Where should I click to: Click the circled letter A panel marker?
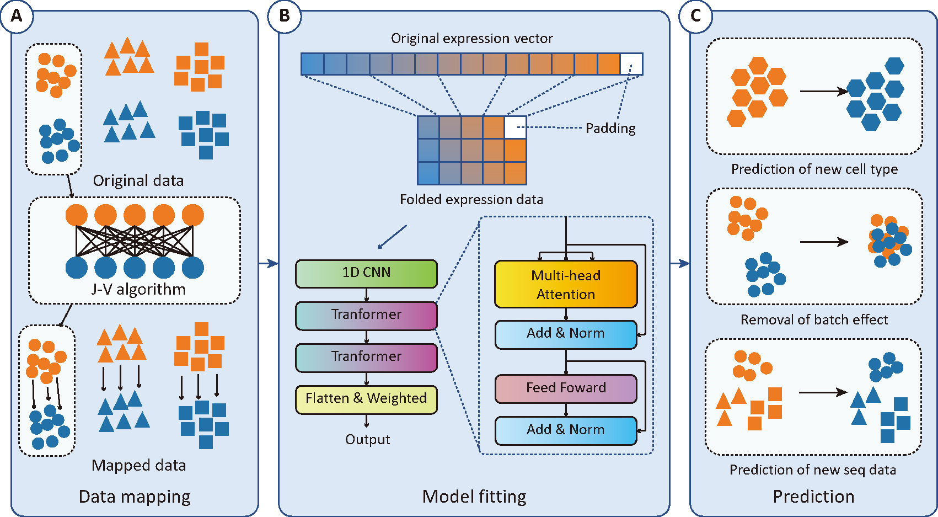pyautogui.click(x=17, y=16)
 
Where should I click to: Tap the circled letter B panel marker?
pyautogui.click(x=284, y=16)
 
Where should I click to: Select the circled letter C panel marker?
pyautogui.click(x=695, y=16)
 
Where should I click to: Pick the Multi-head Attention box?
pyautogui.click(x=566, y=285)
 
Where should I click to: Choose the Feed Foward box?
pyautogui.click(x=566, y=388)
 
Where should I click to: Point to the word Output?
pyautogui.click(x=367, y=440)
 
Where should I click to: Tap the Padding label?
pyautogui.click(x=610, y=129)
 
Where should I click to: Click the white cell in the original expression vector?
pyautogui.click(x=631, y=64)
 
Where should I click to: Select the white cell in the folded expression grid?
pyautogui.click(x=515, y=127)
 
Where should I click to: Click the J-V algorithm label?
pyautogui.click(x=138, y=290)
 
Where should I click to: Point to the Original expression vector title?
pyautogui.click(x=471, y=39)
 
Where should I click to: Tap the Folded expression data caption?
pyautogui.click(x=471, y=200)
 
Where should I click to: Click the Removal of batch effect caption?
pyautogui.click(x=814, y=320)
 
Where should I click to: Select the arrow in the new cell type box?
pyautogui.click(x=823, y=91)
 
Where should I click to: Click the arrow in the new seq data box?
pyautogui.click(x=822, y=392)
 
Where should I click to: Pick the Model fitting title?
pyautogui.click(x=474, y=497)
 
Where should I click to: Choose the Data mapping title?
pyautogui.click(x=135, y=497)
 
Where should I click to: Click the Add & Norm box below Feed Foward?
pyautogui.click(x=566, y=430)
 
